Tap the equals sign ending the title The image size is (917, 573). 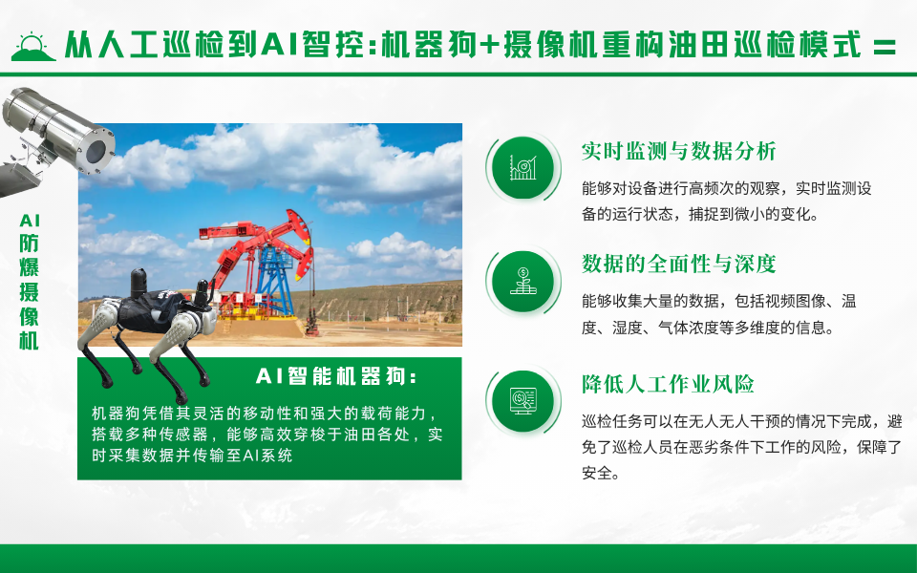click(x=885, y=45)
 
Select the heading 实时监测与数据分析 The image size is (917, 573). click(x=678, y=151)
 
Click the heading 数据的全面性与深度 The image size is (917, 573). click(x=678, y=264)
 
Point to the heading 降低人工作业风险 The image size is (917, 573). click(x=668, y=385)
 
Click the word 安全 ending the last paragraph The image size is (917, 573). click(x=597, y=472)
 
